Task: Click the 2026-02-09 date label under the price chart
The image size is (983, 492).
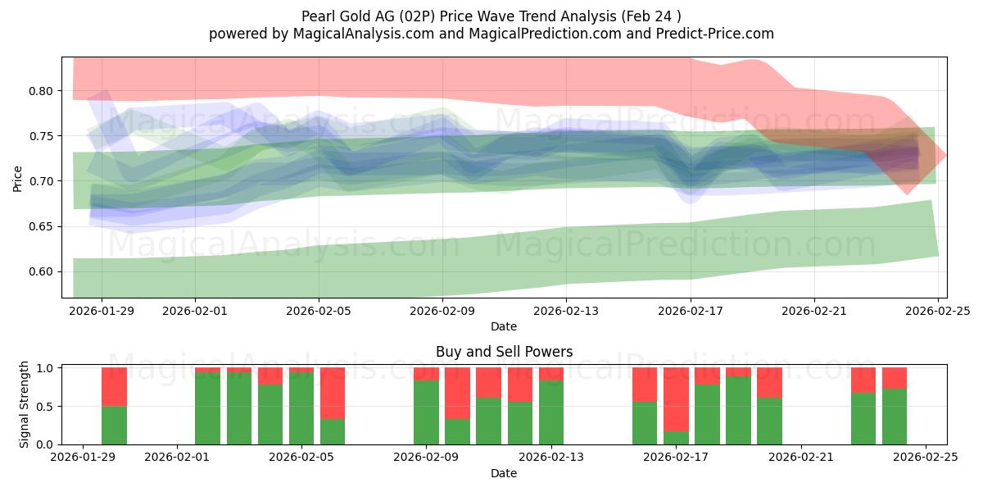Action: pos(442,312)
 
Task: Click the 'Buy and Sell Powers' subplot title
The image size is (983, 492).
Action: pos(503,352)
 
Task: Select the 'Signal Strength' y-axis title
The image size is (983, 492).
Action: pos(25,404)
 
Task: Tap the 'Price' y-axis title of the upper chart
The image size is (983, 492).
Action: pos(18,178)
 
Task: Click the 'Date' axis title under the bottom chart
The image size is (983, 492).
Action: pos(503,473)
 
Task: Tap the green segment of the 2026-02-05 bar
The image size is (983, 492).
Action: pos(301,408)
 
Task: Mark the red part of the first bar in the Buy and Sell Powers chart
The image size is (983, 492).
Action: pos(114,387)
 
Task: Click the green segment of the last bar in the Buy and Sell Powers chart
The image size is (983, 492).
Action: pos(895,417)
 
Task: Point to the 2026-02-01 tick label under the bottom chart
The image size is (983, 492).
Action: pos(177,458)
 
